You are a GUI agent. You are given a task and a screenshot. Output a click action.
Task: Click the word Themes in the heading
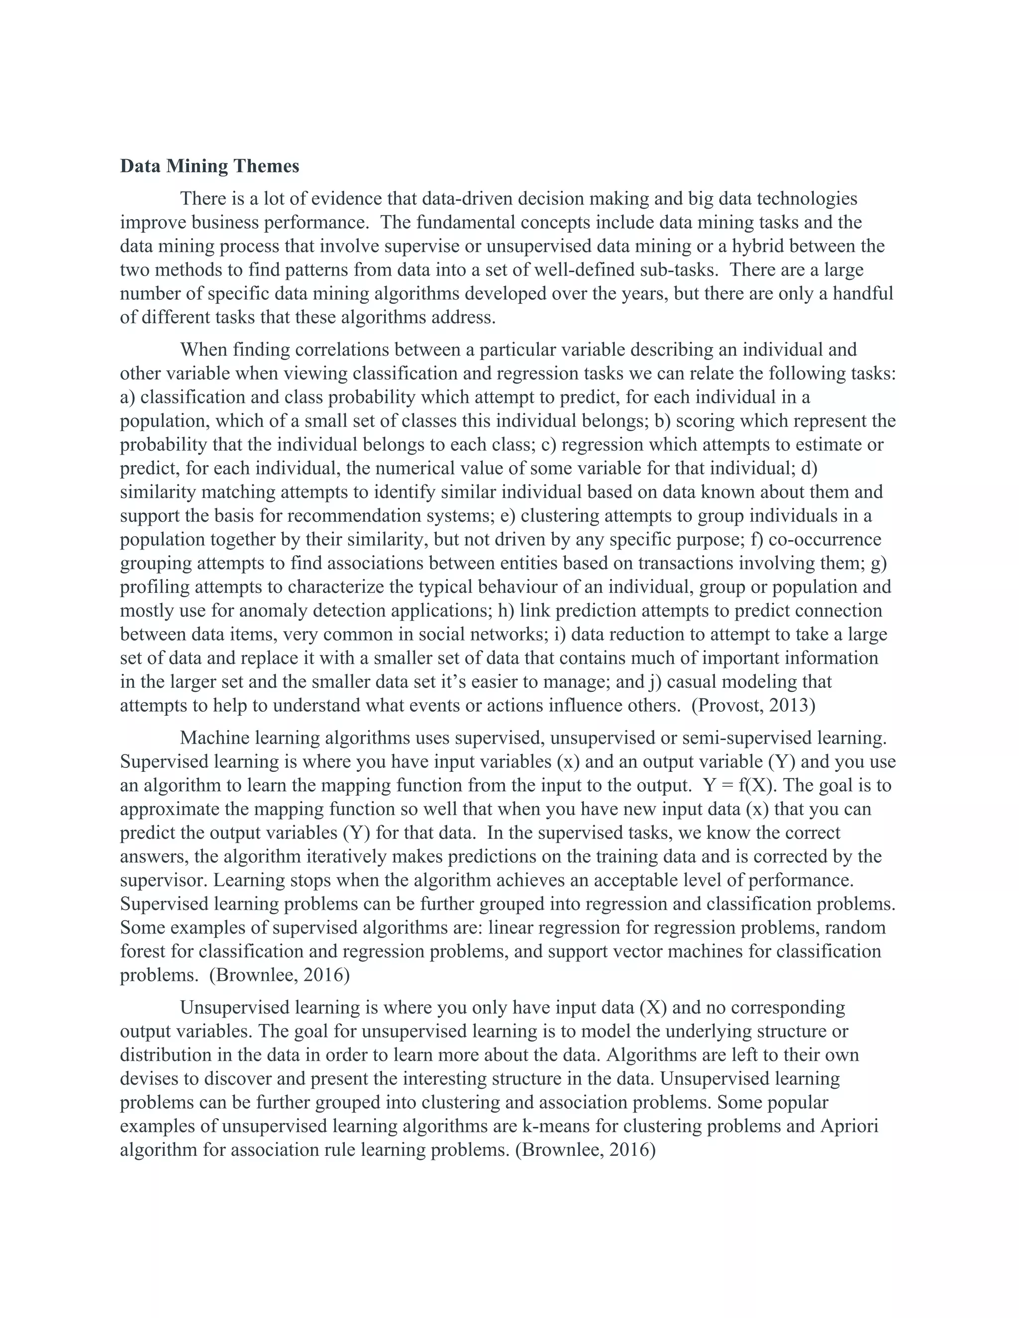pos(266,166)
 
